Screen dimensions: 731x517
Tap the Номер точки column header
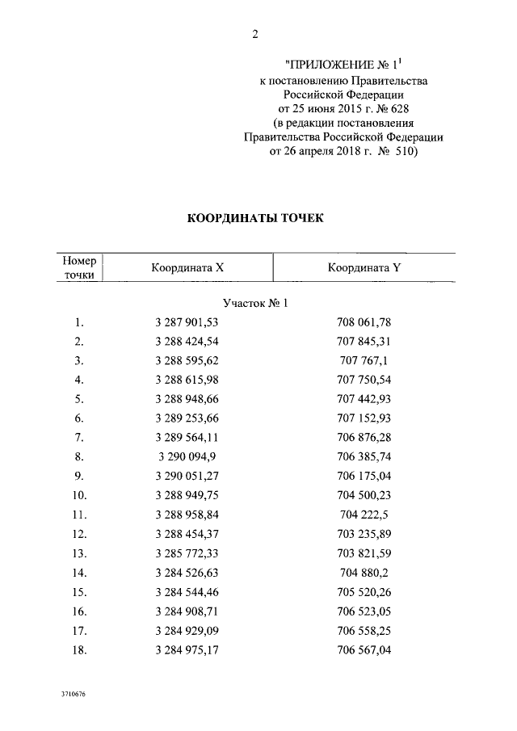click(79, 268)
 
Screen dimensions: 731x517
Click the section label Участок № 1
click(255, 303)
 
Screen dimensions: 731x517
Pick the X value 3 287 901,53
click(187, 322)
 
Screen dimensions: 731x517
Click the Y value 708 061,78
click(364, 322)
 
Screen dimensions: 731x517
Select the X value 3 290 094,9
click(187, 455)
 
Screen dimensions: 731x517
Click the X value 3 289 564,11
click(187, 436)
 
